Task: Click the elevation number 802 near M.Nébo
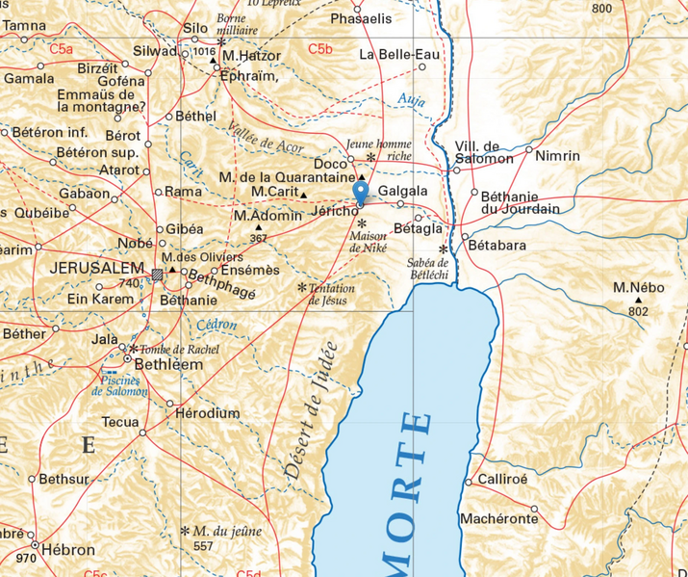(637, 310)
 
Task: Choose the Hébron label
(68, 550)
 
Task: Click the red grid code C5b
(320, 48)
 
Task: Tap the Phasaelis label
(361, 18)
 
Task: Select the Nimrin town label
(557, 155)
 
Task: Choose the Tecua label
(121, 422)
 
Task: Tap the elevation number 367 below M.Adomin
(258, 238)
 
